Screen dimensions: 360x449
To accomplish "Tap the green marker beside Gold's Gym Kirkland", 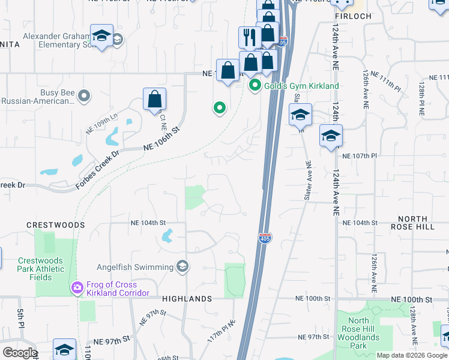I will [x=255, y=86].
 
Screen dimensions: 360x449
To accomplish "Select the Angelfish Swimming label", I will [x=135, y=266].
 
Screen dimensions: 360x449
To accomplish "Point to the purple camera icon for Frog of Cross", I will [x=77, y=289].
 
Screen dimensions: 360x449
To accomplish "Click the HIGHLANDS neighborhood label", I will [x=186, y=299].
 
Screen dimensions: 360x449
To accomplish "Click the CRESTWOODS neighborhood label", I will [x=55, y=225].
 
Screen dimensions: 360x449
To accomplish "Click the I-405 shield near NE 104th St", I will [x=265, y=238].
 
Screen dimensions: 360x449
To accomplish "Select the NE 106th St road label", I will [x=161, y=139].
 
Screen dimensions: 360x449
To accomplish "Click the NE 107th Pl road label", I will [x=359, y=155].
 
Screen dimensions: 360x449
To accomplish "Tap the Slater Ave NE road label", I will [x=308, y=180].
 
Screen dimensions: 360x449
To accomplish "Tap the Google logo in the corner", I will [x=20, y=353].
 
